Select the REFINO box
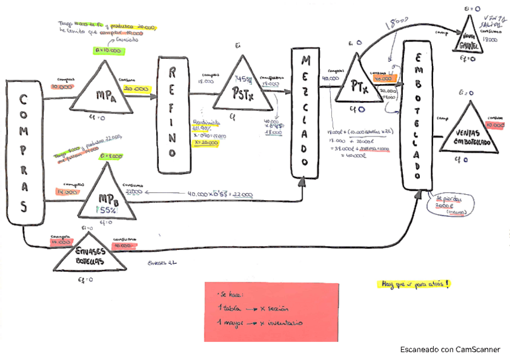(172, 114)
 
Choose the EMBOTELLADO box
(418, 112)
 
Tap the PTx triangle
(358, 84)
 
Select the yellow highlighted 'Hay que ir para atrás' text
(414, 284)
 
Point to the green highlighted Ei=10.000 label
(110, 51)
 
